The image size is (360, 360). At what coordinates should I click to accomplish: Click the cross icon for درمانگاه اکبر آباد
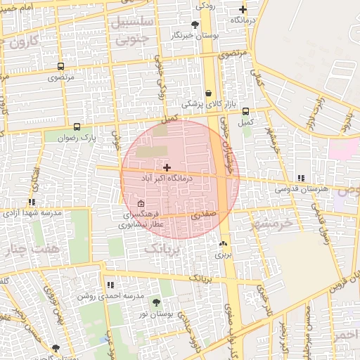(x=167, y=167)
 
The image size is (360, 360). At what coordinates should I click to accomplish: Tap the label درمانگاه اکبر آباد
(x=167, y=179)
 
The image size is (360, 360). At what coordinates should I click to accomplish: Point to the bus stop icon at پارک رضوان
(x=76, y=127)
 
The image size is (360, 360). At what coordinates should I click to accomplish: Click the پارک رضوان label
(x=77, y=139)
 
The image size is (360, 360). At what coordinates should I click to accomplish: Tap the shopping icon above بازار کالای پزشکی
(x=209, y=93)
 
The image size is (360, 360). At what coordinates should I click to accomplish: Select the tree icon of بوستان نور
(x=156, y=302)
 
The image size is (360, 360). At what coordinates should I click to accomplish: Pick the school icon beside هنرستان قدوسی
(x=302, y=178)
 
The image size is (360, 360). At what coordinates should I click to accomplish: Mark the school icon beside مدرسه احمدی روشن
(x=110, y=285)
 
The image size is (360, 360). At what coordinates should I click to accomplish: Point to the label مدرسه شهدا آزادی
(x=33, y=212)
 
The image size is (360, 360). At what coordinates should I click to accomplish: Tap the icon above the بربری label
(x=223, y=243)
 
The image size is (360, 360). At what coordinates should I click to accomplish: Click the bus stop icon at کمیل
(x=245, y=111)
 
